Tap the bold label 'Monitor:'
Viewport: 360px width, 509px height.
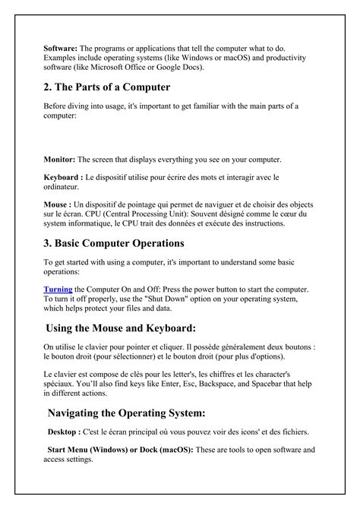point(59,160)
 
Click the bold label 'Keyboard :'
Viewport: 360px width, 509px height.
point(62,177)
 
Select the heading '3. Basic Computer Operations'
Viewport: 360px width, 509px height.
point(114,243)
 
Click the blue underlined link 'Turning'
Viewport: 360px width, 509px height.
point(58,289)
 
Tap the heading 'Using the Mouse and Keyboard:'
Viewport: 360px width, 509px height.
point(122,328)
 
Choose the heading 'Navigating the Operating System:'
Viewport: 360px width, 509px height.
point(127,413)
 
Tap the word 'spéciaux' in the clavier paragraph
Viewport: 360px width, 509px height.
point(61,384)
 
